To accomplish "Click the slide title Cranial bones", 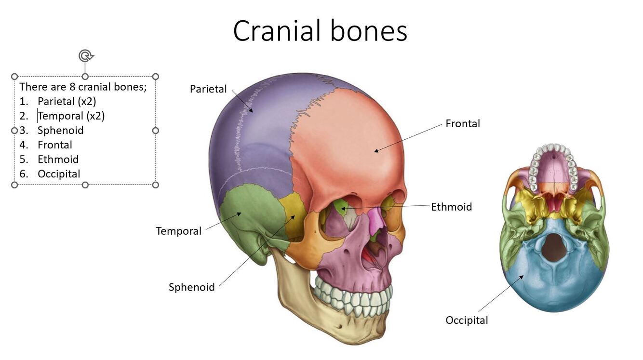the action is tap(320, 31).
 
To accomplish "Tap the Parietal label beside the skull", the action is tap(208, 89).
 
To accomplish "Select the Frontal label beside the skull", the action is tap(463, 124).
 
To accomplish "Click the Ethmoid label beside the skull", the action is tap(451, 207).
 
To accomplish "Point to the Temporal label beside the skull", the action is tap(178, 231).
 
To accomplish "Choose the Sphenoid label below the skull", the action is tap(191, 288).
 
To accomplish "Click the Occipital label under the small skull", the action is tap(467, 320).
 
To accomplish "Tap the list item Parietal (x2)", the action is tap(67, 102).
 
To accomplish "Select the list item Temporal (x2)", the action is tap(71, 116).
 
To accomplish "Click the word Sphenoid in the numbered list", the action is tap(60, 131).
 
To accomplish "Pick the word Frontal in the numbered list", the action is tap(55, 145).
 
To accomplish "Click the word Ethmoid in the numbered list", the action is tap(58, 160).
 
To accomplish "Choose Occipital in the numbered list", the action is tap(59, 174).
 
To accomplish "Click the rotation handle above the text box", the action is tap(85, 56).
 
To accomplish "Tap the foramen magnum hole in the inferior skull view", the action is tap(554, 247).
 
